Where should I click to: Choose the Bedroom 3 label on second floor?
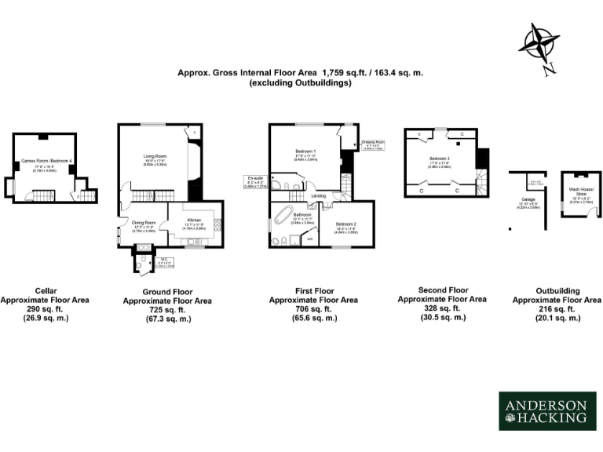pyautogui.click(x=444, y=160)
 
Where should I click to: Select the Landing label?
pyautogui.click(x=318, y=195)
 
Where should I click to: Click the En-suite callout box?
pyautogui.click(x=256, y=182)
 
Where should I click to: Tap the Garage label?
pyautogui.click(x=521, y=199)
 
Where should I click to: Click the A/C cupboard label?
pyautogui.click(x=309, y=239)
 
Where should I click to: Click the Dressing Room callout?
pyautogui.click(x=373, y=144)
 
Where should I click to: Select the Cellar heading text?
pyautogui.click(x=46, y=290)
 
